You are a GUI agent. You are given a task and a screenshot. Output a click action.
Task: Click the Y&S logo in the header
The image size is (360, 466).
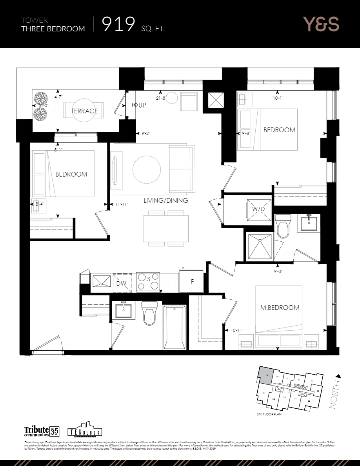[x=320, y=24]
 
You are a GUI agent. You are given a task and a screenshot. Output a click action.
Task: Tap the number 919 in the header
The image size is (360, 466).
[x=118, y=25]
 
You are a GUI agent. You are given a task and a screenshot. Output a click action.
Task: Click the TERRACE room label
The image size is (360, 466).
[x=84, y=111]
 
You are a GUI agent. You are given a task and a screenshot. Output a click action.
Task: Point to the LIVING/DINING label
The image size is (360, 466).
[x=165, y=200]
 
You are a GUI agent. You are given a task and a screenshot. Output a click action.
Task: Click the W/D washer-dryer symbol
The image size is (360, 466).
[x=258, y=208]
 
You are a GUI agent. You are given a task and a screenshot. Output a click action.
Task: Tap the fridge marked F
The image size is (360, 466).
[x=191, y=281]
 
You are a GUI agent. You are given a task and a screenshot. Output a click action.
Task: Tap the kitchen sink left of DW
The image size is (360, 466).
[x=102, y=280]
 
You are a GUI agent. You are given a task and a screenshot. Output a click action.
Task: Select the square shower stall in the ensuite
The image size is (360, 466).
[x=258, y=246]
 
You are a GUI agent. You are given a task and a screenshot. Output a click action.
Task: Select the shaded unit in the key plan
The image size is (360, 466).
[x=265, y=375]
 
